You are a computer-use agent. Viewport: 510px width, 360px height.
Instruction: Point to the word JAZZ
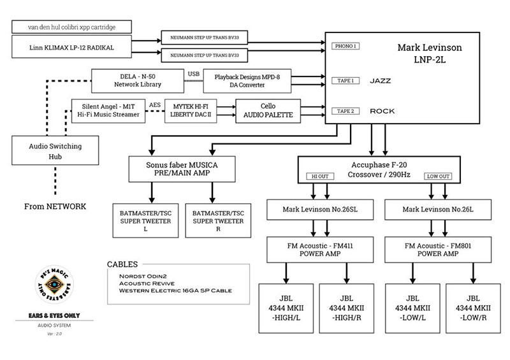(x=380, y=81)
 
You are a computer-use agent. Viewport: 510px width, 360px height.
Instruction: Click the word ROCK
(x=382, y=111)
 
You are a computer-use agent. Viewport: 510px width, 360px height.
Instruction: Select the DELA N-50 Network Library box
(x=137, y=79)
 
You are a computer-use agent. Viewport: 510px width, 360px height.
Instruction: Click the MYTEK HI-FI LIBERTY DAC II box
(x=191, y=110)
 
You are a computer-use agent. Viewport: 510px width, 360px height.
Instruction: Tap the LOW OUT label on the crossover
(x=439, y=176)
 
